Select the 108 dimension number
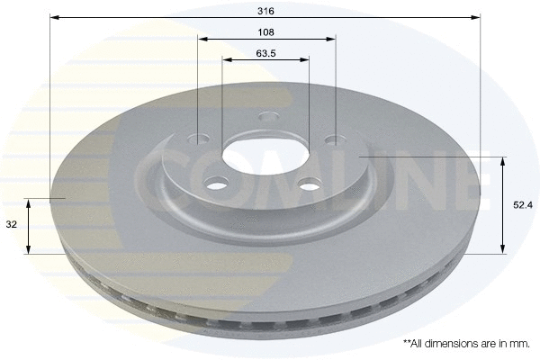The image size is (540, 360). (x=265, y=31)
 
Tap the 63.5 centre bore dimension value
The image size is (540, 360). (x=265, y=53)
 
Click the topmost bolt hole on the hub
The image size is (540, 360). (x=266, y=116)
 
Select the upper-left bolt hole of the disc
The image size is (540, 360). (x=201, y=139)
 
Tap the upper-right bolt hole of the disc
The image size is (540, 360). (x=333, y=140)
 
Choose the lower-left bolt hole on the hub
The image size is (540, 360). (x=217, y=184)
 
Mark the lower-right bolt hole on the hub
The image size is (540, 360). (x=309, y=185)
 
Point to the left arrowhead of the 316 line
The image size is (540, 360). (x=53, y=16)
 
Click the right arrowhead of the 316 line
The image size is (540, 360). (x=477, y=16)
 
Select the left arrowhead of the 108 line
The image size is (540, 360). (x=202, y=39)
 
